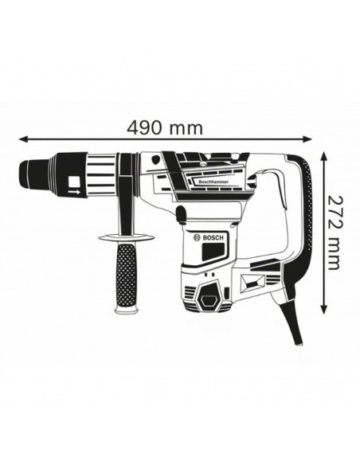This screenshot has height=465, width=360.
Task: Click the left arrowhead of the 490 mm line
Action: [19, 137]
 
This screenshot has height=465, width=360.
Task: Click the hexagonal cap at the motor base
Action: [212, 297]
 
